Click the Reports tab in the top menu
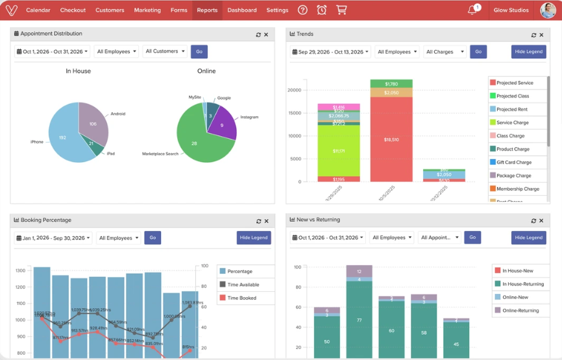pos(207,10)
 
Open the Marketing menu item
pos(147,10)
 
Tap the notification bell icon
pos(472,10)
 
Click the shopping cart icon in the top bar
pos(341,10)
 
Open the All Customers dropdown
pos(165,51)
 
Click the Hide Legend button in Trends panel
pos(528,52)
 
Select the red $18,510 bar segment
pos(391,139)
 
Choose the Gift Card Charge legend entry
pos(514,162)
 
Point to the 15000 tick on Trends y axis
pos(294,114)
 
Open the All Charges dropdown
pos(445,52)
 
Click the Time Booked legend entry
pos(241,298)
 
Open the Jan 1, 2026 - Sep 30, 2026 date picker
pos(53,238)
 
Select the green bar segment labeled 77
pos(359,320)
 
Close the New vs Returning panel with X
pos(542,221)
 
